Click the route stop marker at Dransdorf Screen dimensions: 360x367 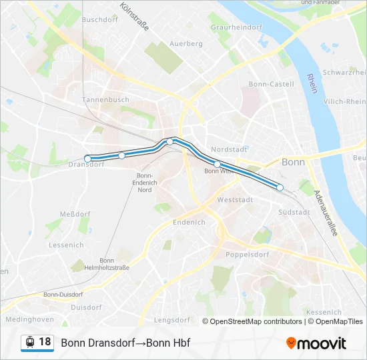pos(87,159)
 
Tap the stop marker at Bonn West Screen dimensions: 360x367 pos(217,164)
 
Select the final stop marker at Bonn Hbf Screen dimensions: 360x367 pos(280,188)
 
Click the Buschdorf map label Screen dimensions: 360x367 pos(99,20)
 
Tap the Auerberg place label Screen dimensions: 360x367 pos(186,43)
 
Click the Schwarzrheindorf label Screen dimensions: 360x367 pos(344,72)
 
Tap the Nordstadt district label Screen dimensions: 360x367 pos(228,149)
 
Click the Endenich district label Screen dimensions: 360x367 pos(189,222)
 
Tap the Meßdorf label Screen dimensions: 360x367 pos(75,213)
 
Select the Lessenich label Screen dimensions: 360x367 pos(66,245)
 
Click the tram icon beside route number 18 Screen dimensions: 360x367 pos(29,343)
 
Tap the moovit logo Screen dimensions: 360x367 pos(316,343)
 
